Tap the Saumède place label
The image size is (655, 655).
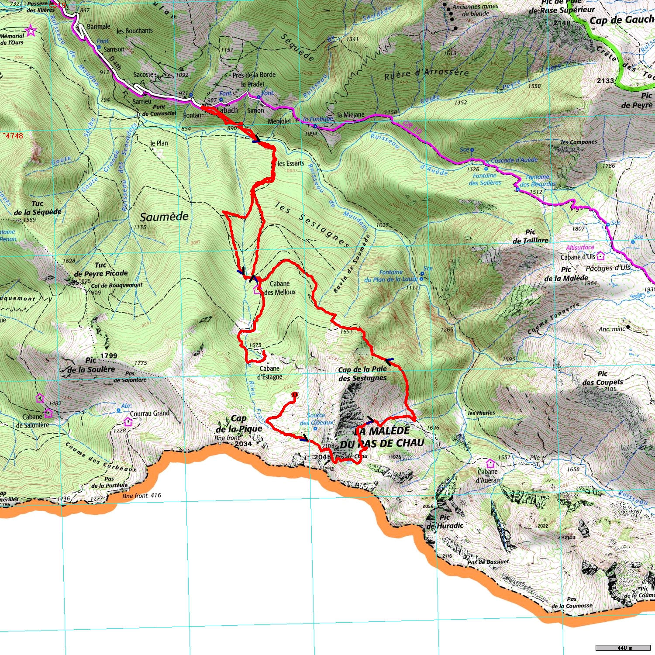point(164,217)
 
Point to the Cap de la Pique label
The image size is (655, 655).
point(239,424)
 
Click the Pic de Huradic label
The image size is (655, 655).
point(445,521)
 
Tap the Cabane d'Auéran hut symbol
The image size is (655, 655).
point(490,463)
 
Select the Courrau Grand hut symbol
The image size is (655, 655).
point(128,422)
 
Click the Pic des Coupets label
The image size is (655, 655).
point(603,378)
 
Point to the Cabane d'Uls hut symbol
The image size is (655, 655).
point(600,256)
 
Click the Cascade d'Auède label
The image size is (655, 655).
point(514,160)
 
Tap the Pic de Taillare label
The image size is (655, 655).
point(530,236)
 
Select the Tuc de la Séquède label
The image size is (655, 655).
point(38,208)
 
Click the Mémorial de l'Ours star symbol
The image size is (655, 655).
point(31,31)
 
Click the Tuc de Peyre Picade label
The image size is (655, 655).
point(101,269)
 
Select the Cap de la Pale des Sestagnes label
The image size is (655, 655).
point(362,374)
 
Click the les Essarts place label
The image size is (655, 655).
point(291,163)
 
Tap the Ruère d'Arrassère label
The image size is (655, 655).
point(426,73)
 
